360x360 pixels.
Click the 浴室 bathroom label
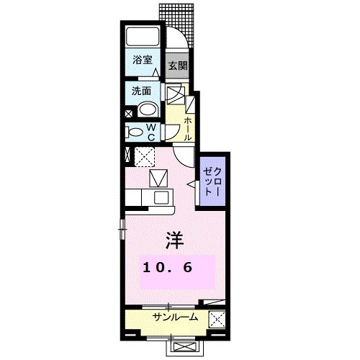click(142, 61)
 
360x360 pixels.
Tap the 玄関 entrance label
click(177, 64)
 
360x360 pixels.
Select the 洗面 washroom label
click(140, 91)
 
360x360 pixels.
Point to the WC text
click(153, 131)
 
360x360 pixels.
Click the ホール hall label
click(189, 129)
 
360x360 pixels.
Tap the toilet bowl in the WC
click(135, 132)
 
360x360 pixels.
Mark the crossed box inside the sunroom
click(216, 318)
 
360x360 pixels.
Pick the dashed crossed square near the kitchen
click(145, 156)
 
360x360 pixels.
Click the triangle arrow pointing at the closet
click(192, 186)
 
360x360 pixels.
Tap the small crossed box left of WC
click(128, 113)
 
